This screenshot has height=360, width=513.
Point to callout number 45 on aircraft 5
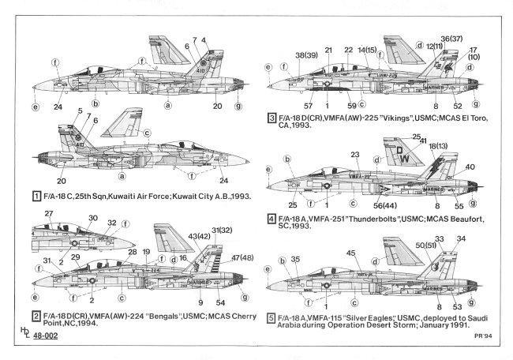(350, 253)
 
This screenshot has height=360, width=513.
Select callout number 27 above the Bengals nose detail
(49, 214)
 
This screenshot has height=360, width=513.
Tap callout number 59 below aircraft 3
(351, 104)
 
